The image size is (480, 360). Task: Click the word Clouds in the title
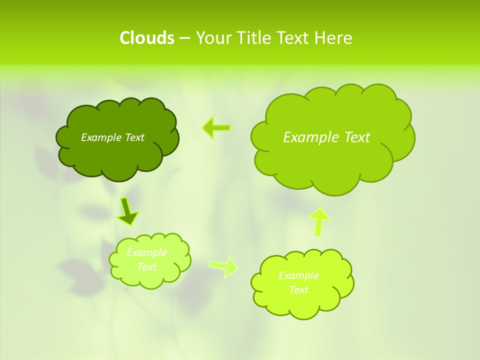(x=147, y=38)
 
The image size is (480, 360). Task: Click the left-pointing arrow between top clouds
(x=216, y=128)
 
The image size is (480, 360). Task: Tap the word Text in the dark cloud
(x=134, y=137)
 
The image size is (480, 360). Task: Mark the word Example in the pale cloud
(x=147, y=252)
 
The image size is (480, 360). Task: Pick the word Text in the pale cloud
(x=147, y=267)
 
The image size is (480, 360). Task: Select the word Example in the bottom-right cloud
(x=298, y=275)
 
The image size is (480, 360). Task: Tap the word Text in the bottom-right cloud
(x=298, y=290)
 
